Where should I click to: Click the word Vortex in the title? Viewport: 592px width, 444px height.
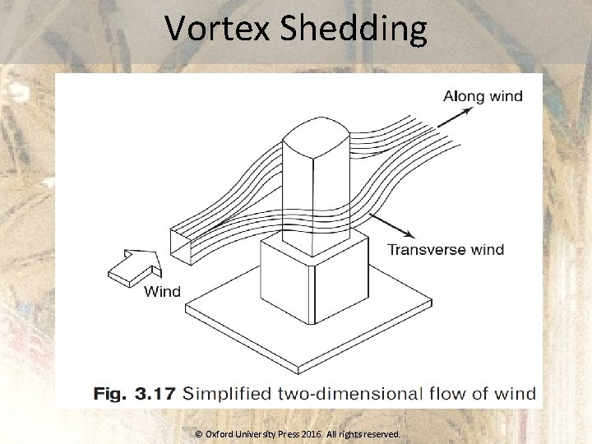click(x=218, y=29)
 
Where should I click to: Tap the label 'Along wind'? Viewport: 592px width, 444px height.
click(x=483, y=96)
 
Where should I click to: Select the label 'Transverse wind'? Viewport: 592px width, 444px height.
click(x=446, y=249)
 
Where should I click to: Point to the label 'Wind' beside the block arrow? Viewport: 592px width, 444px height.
click(x=162, y=291)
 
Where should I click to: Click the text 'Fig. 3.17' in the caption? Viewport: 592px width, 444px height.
click(x=134, y=394)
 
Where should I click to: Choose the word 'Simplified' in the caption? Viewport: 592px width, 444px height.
click(x=227, y=394)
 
